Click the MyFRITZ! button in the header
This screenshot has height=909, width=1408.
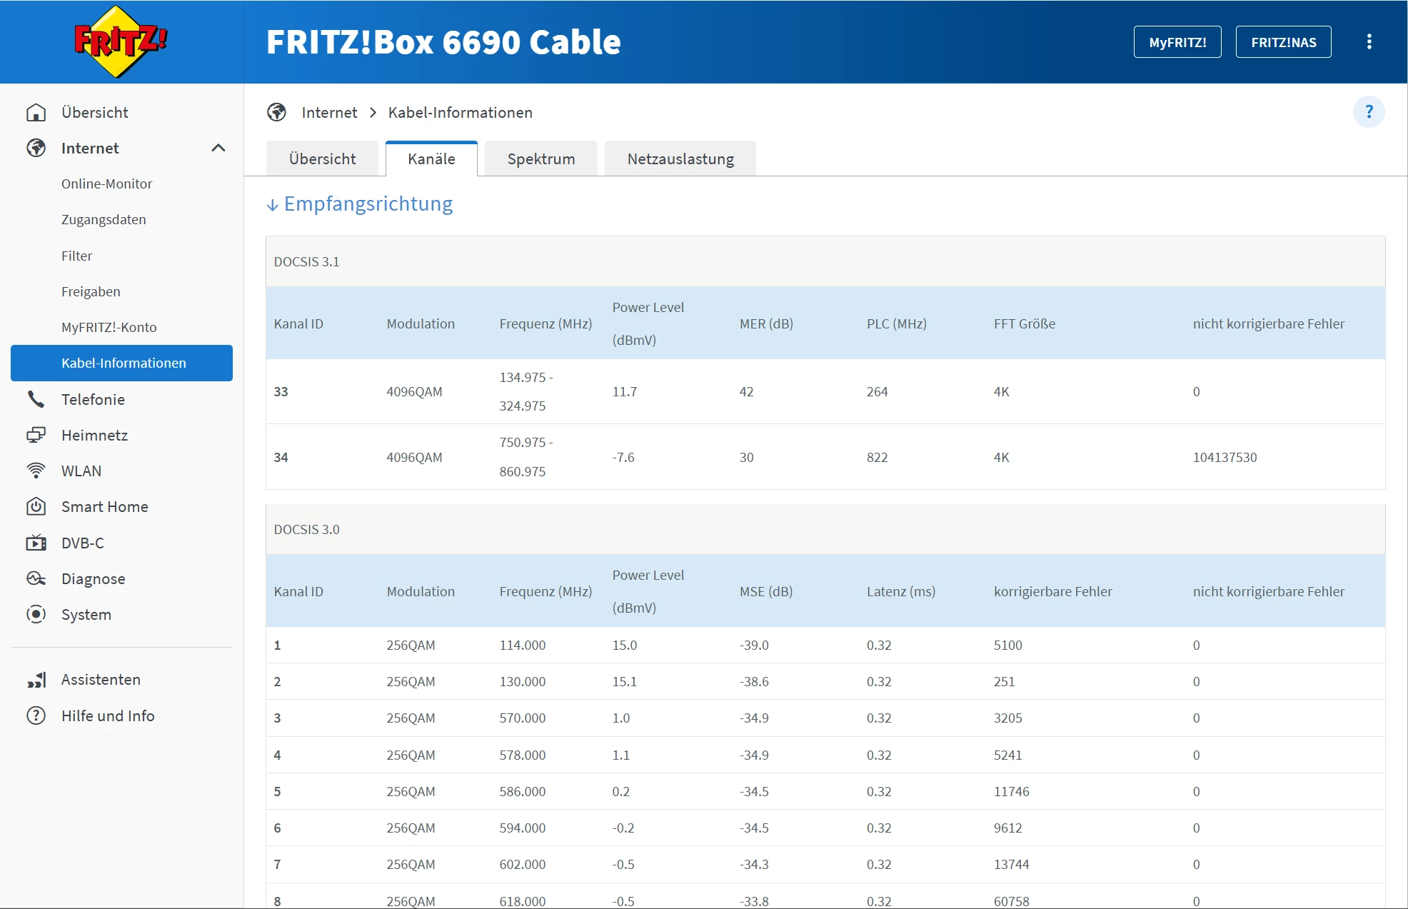[x=1177, y=42]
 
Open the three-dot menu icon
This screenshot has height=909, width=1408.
[x=1369, y=42]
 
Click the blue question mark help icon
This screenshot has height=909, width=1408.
[x=1369, y=112]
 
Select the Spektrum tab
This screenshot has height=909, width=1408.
[x=541, y=159]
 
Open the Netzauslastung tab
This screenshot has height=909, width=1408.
[x=680, y=159]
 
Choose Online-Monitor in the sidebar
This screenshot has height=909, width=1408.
[x=107, y=184]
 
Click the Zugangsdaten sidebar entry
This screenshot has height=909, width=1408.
[x=104, y=219]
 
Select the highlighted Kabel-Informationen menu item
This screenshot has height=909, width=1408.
[x=121, y=363]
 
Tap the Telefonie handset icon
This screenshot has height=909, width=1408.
[x=36, y=399]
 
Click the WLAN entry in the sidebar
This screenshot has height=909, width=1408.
[x=81, y=471]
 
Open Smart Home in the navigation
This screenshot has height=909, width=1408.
[x=105, y=506]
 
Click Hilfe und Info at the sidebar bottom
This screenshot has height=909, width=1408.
[x=108, y=715]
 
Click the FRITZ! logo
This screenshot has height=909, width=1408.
[x=121, y=41]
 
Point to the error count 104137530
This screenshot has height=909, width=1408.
[x=1225, y=457]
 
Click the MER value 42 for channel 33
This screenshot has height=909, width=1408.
[x=746, y=391]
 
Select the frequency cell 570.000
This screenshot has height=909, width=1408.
[x=522, y=718]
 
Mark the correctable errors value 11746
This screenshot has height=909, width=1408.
[x=1011, y=791]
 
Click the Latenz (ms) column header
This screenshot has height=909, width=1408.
[x=900, y=591]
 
